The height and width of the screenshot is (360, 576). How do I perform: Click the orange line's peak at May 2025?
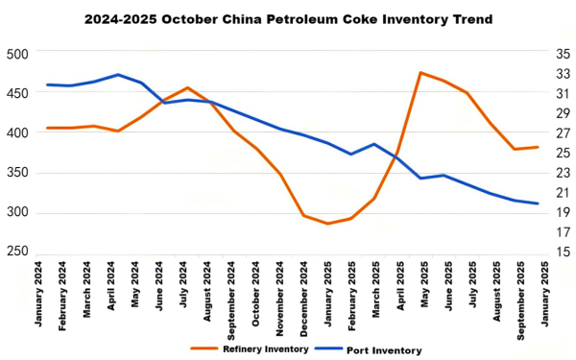click(421, 72)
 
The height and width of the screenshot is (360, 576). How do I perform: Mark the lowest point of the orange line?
click(327, 224)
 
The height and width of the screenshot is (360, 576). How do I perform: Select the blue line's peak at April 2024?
click(117, 75)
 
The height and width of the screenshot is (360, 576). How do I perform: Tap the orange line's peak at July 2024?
click(187, 87)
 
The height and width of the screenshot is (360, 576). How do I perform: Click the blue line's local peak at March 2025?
click(374, 144)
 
